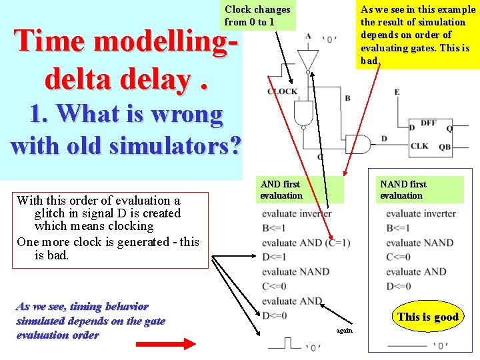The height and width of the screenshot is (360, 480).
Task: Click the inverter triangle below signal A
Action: click(307, 59)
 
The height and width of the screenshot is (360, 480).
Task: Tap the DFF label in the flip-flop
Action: click(429, 123)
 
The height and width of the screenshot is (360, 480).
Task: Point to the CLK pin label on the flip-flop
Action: click(420, 146)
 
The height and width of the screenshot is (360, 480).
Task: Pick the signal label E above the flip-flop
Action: click(397, 92)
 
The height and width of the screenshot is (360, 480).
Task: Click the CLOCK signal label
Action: click(283, 91)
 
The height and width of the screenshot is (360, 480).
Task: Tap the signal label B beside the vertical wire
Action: click(347, 99)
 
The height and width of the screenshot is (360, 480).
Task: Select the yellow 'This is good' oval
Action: click(428, 317)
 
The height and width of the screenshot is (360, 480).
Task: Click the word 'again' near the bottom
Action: click(344, 331)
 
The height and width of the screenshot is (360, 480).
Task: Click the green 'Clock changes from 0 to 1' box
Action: click(258, 16)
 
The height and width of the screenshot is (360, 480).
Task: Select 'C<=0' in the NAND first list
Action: click(399, 257)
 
